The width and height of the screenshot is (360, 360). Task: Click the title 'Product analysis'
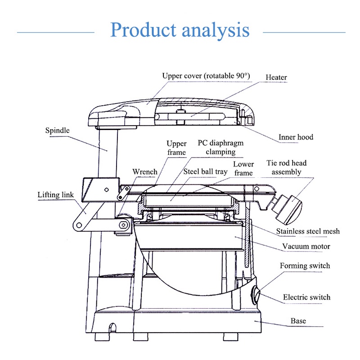180,30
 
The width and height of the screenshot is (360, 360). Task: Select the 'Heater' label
276,77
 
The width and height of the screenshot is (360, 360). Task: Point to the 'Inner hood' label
295,137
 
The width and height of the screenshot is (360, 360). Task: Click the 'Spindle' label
57,131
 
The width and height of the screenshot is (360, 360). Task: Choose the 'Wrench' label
145,171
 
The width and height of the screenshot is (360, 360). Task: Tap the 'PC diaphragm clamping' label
220,147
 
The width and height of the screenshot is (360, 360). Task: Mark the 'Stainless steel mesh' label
308,231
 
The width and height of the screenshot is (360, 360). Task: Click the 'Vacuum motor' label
306,246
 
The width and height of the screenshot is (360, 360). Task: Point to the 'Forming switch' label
305,265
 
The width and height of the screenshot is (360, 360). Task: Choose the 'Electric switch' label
306,297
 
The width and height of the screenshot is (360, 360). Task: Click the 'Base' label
298,321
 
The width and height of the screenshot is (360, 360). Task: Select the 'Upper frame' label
176,148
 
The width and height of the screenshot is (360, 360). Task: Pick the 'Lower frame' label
243,168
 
